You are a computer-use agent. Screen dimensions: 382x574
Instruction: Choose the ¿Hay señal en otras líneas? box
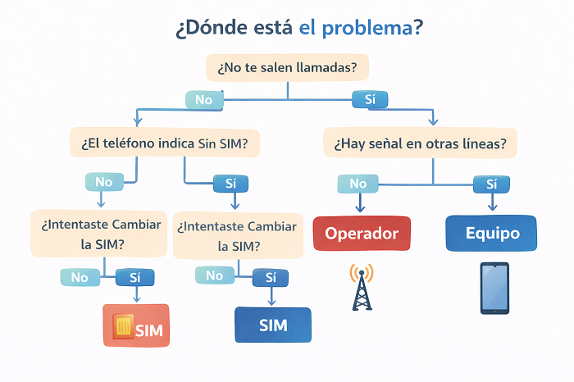pos(420,143)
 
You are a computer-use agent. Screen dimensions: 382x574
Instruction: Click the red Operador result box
pos(362,234)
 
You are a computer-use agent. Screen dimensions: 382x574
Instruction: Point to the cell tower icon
pos(362,286)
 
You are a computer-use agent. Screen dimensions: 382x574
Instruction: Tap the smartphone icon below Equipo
pos(494,288)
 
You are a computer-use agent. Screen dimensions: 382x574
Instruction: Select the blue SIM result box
pos(273,325)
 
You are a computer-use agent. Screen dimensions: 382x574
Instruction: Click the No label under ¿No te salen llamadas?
pos(204,100)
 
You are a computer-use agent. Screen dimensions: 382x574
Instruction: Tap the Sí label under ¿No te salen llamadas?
pos(370,100)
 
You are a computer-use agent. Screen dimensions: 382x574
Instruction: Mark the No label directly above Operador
pos(358,184)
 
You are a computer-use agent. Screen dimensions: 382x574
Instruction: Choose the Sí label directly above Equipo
pos(492,184)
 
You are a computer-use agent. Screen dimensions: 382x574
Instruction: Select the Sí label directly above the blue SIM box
pos(271,276)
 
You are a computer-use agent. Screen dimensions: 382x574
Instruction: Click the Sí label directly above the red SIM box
pos(134,277)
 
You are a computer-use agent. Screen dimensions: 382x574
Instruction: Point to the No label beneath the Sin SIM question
pos(104,182)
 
